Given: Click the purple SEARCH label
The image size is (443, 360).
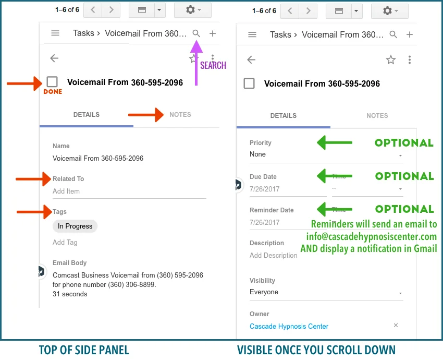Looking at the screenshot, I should click(213, 65).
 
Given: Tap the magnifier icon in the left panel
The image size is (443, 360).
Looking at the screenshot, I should click(196, 33).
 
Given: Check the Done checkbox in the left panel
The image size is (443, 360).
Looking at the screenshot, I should click(52, 82).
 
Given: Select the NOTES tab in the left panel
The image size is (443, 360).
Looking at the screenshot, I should click(180, 115).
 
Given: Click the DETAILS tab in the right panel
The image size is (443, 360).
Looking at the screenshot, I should click(283, 116).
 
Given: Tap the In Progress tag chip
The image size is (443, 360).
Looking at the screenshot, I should click(75, 226).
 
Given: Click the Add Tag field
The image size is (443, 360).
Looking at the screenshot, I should click(65, 242).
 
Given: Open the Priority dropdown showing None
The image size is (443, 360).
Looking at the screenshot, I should click(326, 154).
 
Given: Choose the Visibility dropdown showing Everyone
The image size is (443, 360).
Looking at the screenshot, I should click(326, 292).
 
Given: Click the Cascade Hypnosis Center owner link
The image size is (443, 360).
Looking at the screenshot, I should click(289, 327).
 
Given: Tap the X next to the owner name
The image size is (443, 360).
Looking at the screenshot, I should click(396, 326).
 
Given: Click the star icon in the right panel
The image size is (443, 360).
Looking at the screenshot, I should click(391, 60).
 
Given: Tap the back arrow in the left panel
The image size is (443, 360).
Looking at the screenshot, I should click(54, 58).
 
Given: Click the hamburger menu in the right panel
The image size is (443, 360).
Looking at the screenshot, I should click(252, 34).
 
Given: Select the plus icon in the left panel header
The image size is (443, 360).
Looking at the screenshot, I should click(213, 33).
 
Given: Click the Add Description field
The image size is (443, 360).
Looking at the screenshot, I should click(274, 256).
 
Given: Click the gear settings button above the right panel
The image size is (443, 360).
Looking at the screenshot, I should click(390, 10).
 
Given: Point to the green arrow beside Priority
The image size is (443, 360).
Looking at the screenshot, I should click(335, 142).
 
